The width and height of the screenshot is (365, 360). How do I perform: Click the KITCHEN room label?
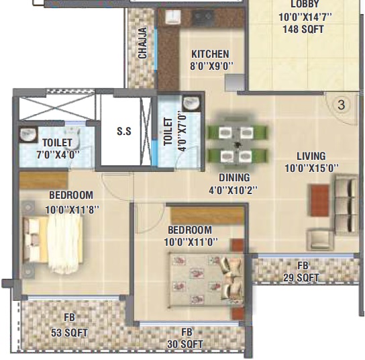click(210, 54)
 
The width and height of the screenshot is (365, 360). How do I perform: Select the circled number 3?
click(342, 105)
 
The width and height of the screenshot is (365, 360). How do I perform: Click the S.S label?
click(124, 132)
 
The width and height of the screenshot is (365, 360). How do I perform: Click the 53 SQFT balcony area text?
click(70, 332)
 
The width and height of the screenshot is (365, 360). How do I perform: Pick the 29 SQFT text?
click(301, 277)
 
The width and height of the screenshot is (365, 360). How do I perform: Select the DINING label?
click(235, 178)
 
